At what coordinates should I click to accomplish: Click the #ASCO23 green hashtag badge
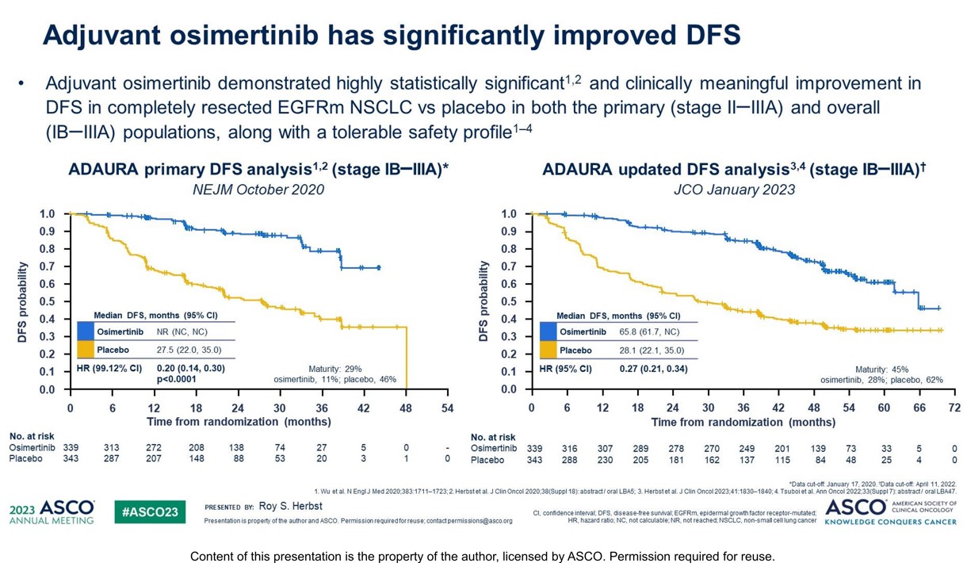click(x=151, y=512)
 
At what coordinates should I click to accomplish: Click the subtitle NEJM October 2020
click(x=258, y=190)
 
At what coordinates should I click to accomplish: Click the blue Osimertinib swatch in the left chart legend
click(x=85, y=331)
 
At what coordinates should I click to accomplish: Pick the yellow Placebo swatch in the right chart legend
click(x=547, y=350)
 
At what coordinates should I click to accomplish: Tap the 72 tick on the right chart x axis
click(x=954, y=407)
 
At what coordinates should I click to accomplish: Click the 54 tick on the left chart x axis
click(x=448, y=407)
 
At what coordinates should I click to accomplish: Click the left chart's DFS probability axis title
click(x=23, y=301)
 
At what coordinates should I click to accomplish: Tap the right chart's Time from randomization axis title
click(x=731, y=422)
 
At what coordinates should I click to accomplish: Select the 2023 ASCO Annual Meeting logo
click(x=52, y=511)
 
